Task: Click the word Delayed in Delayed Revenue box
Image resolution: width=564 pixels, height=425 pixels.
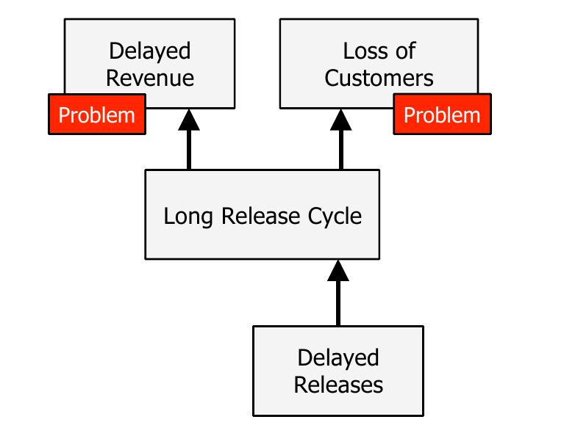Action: tap(149, 51)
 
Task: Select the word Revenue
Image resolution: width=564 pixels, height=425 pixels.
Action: tap(149, 78)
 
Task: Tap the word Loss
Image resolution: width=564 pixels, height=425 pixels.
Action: tap(365, 51)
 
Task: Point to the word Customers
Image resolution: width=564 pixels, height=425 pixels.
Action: tap(379, 78)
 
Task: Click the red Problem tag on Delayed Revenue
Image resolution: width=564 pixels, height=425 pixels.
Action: tap(97, 115)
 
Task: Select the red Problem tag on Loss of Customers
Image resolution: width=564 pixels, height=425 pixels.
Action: tap(442, 115)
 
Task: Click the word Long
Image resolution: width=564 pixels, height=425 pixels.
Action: tap(188, 217)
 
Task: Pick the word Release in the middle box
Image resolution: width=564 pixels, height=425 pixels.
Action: tap(260, 216)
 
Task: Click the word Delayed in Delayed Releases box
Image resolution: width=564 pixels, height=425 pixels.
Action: tap(338, 357)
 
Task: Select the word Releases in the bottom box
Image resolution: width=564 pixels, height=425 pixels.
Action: tap(338, 385)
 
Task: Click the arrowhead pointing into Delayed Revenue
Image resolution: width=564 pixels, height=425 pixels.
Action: tap(189, 120)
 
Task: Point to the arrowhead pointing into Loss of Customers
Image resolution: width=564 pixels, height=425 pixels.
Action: tap(340, 120)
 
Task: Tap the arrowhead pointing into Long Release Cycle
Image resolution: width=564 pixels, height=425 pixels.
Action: tap(338, 271)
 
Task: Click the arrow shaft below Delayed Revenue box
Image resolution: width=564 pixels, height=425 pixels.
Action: tap(189, 150)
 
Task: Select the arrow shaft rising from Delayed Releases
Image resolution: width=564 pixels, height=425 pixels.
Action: tap(338, 304)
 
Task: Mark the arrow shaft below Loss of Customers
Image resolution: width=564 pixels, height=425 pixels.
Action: tap(341, 150)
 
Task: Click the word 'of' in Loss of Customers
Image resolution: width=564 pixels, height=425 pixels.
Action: tap(406, 51)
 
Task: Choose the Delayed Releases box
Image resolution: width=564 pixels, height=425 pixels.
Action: tap(338, 371)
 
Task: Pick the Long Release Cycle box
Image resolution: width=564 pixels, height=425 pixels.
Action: tap(263, 214)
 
